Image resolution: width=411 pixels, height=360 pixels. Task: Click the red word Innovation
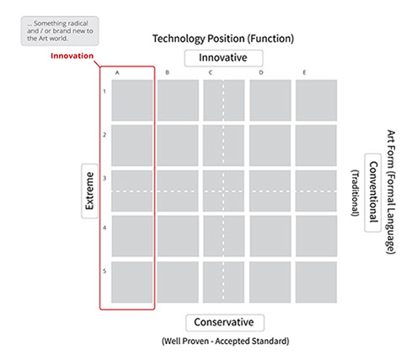point(72,56)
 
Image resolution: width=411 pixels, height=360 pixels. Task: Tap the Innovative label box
point(223,58)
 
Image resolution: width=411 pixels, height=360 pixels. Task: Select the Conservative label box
point(225,323)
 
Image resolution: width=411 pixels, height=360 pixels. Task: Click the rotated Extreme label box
point(89,191)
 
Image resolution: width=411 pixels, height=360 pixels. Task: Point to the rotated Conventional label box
point(372,193)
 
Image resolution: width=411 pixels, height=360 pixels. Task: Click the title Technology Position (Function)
point(223,39)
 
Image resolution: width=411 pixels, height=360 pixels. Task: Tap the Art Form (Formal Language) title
point(391,192)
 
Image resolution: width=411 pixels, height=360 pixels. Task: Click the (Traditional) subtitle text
point(355,193)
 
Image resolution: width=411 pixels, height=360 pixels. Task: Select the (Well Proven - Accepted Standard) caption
point(226,341)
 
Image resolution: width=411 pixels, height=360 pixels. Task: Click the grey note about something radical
point(60,31)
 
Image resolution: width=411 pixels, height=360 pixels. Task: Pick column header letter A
point(117,73)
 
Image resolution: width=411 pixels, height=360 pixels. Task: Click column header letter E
point(304,73)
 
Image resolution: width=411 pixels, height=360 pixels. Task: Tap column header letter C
point(211,73)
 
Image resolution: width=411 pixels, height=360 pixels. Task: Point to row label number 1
point(104,91)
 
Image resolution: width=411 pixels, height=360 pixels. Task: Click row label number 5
point(104,271)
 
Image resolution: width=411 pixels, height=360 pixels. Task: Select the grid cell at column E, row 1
point(316,100)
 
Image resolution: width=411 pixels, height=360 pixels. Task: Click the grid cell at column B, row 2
point(178,146)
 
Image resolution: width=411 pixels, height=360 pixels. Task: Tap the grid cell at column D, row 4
point(270,236)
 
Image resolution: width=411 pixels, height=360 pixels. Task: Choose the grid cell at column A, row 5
point(132,282)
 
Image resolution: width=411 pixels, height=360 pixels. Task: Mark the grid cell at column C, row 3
point(224,191)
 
